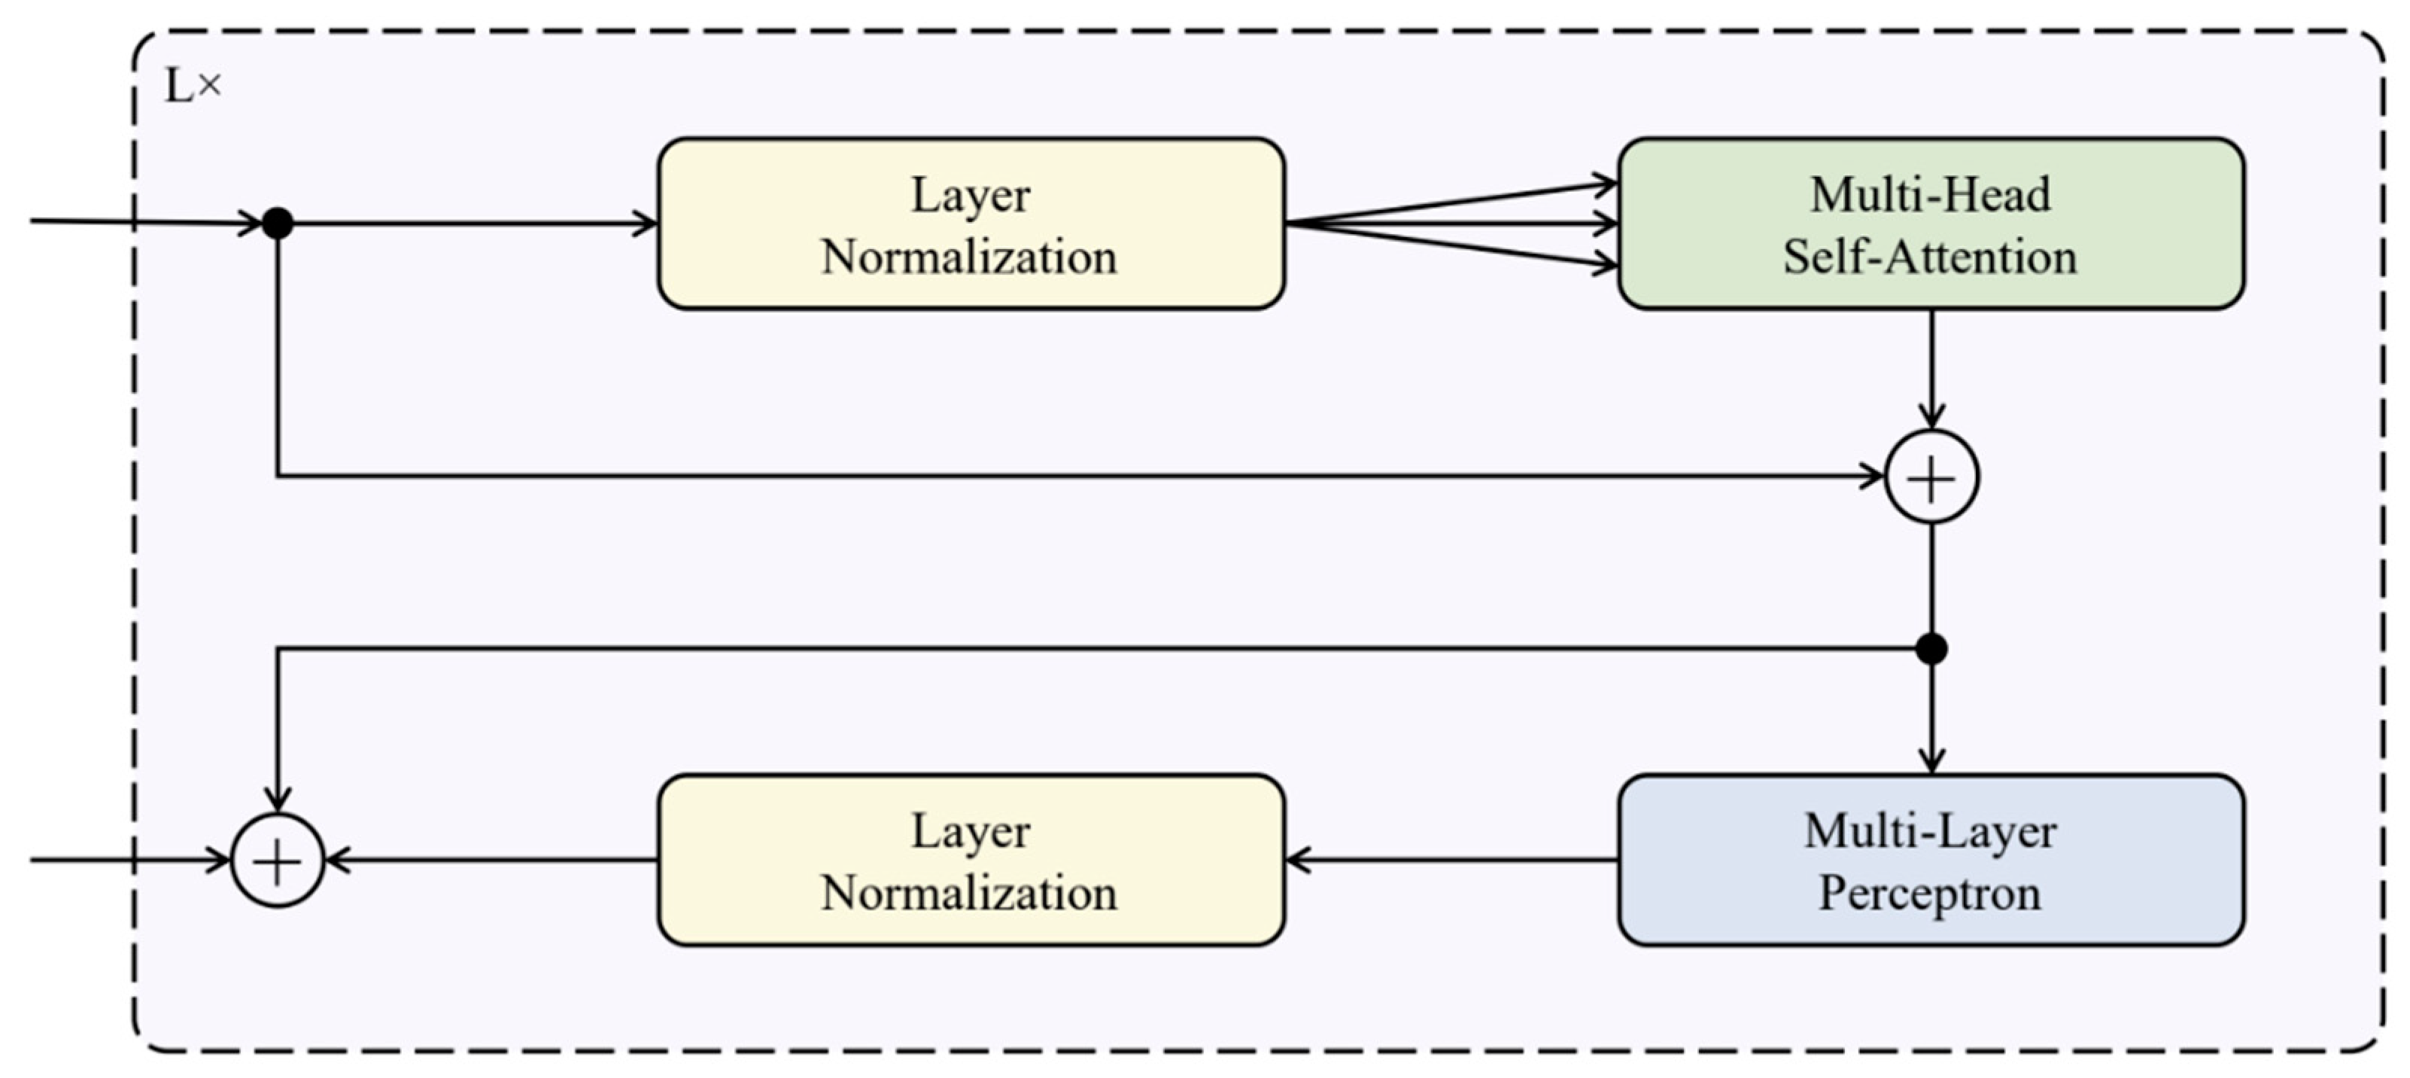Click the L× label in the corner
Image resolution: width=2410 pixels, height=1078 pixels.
tap(193, 86)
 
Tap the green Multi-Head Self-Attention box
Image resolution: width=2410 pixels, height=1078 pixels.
tap(1931, 224)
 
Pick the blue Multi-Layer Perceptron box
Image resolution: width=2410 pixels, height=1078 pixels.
tap(1931, 859)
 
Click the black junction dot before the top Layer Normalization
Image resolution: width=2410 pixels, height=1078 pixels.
tap(278, 224)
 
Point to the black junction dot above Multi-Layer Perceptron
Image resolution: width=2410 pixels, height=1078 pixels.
tap(1932, 648)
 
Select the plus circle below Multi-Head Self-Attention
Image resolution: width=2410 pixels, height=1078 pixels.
tap(1932, 477)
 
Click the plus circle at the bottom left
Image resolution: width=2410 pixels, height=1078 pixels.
tap(278, 860)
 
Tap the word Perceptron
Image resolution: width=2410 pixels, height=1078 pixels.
tap(1929, 893)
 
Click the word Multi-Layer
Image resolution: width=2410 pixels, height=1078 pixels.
tap(1930, 831)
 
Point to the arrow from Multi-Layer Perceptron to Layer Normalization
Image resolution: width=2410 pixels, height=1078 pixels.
tap(1450, 859)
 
